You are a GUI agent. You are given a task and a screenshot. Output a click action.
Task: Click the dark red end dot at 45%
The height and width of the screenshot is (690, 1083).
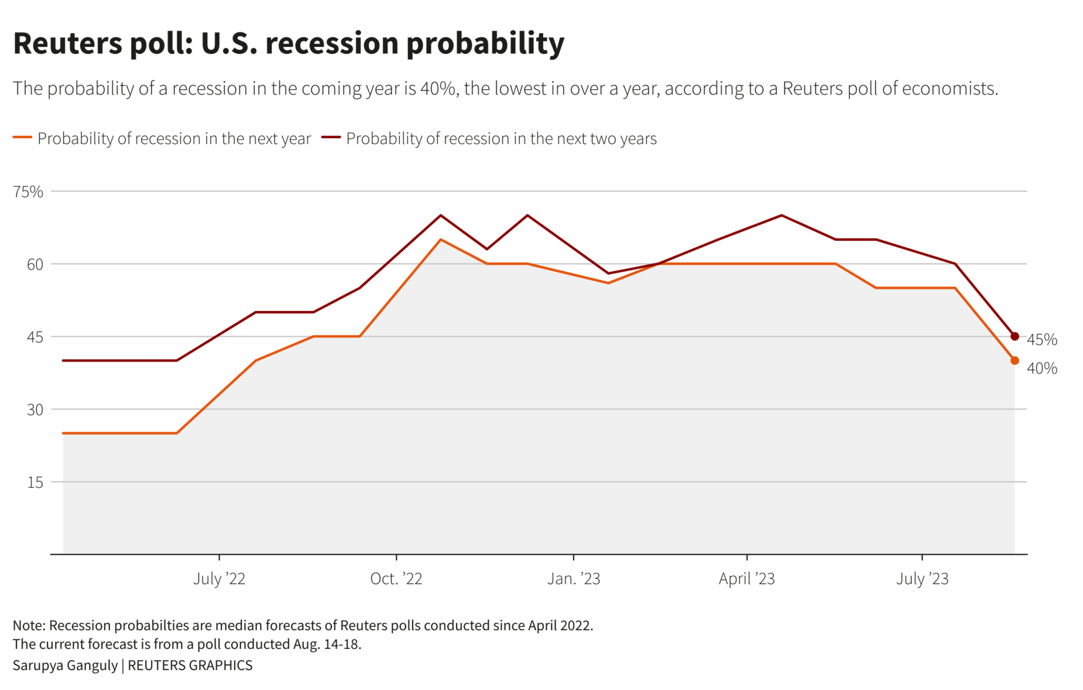(x=1015, y=336)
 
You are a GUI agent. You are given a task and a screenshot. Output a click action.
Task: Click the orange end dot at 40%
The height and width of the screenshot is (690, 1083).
(x=1015, y=360)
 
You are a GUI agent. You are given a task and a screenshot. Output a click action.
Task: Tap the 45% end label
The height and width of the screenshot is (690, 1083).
(x=1041, y=340)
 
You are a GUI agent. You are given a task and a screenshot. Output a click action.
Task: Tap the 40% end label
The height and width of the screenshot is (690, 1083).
(x=1041, y=368)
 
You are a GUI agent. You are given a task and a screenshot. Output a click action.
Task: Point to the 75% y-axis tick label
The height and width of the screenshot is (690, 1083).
(x=28, y=192)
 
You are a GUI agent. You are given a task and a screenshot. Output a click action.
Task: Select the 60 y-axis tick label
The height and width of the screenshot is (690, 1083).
(x=35, y=264)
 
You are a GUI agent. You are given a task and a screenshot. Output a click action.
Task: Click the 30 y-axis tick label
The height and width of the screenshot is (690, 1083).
(x=35, y=409)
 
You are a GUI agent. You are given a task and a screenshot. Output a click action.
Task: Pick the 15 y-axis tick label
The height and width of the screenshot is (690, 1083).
(x=35, y=482)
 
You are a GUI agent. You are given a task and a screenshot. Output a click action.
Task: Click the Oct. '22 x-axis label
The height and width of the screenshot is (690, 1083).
(x=396, y=579)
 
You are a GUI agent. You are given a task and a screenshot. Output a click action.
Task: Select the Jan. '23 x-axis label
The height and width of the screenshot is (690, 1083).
(x=573, y=579)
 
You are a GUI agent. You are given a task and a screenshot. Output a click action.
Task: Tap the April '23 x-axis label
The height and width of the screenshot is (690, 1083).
(x=746, y=579)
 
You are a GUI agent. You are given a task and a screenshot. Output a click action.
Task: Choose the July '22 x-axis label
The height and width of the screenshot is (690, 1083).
(x=219, y=579)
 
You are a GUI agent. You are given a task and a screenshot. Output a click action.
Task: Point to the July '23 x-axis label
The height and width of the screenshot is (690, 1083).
(x=922, y=579)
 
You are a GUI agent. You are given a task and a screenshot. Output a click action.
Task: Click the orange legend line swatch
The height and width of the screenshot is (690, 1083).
(x=22, y=137)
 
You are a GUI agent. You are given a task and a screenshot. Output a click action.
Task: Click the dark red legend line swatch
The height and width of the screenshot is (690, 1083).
(x=331, y=137)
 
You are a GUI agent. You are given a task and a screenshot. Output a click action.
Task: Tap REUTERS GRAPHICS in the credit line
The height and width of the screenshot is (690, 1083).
(x=190, y=665)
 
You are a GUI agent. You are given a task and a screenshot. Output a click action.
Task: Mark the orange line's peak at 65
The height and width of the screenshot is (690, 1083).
(x=441, y=240)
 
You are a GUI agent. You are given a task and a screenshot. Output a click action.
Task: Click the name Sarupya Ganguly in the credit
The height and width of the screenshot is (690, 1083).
(x=65, y=665)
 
